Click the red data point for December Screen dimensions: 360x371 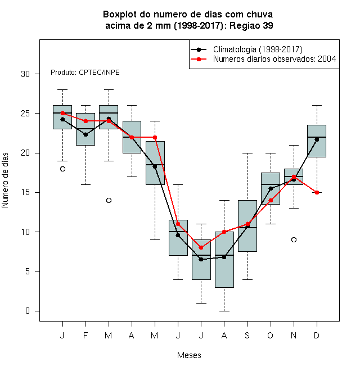click(317, 192)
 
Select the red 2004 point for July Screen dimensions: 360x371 click(201, 247)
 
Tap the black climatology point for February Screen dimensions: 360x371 click(85, 135)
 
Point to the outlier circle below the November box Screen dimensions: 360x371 click(294, 239)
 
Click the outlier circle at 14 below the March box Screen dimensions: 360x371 click(109, 201)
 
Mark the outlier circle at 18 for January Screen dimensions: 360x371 click(62, 169)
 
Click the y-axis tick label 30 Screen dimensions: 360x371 click(25, 74)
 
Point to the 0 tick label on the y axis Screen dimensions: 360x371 click(28, 311)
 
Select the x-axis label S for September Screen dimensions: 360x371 click(247, 335)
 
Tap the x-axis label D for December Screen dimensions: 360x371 click(317, 335)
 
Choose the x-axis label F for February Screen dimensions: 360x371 click(85, 335)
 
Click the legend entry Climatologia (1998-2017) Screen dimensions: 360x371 click(258, 49)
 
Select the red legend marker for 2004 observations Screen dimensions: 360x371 click(199, 59)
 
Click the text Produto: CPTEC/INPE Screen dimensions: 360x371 click(85, 73)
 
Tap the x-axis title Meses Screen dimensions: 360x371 click(189, 355)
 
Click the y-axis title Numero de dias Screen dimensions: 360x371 click(5, 180)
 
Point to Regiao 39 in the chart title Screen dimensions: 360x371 click(251, 25)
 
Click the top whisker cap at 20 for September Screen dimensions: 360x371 click(247, 153)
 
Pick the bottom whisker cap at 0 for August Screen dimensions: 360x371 click(224, 311)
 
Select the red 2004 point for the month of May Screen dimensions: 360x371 click(155, 137)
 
